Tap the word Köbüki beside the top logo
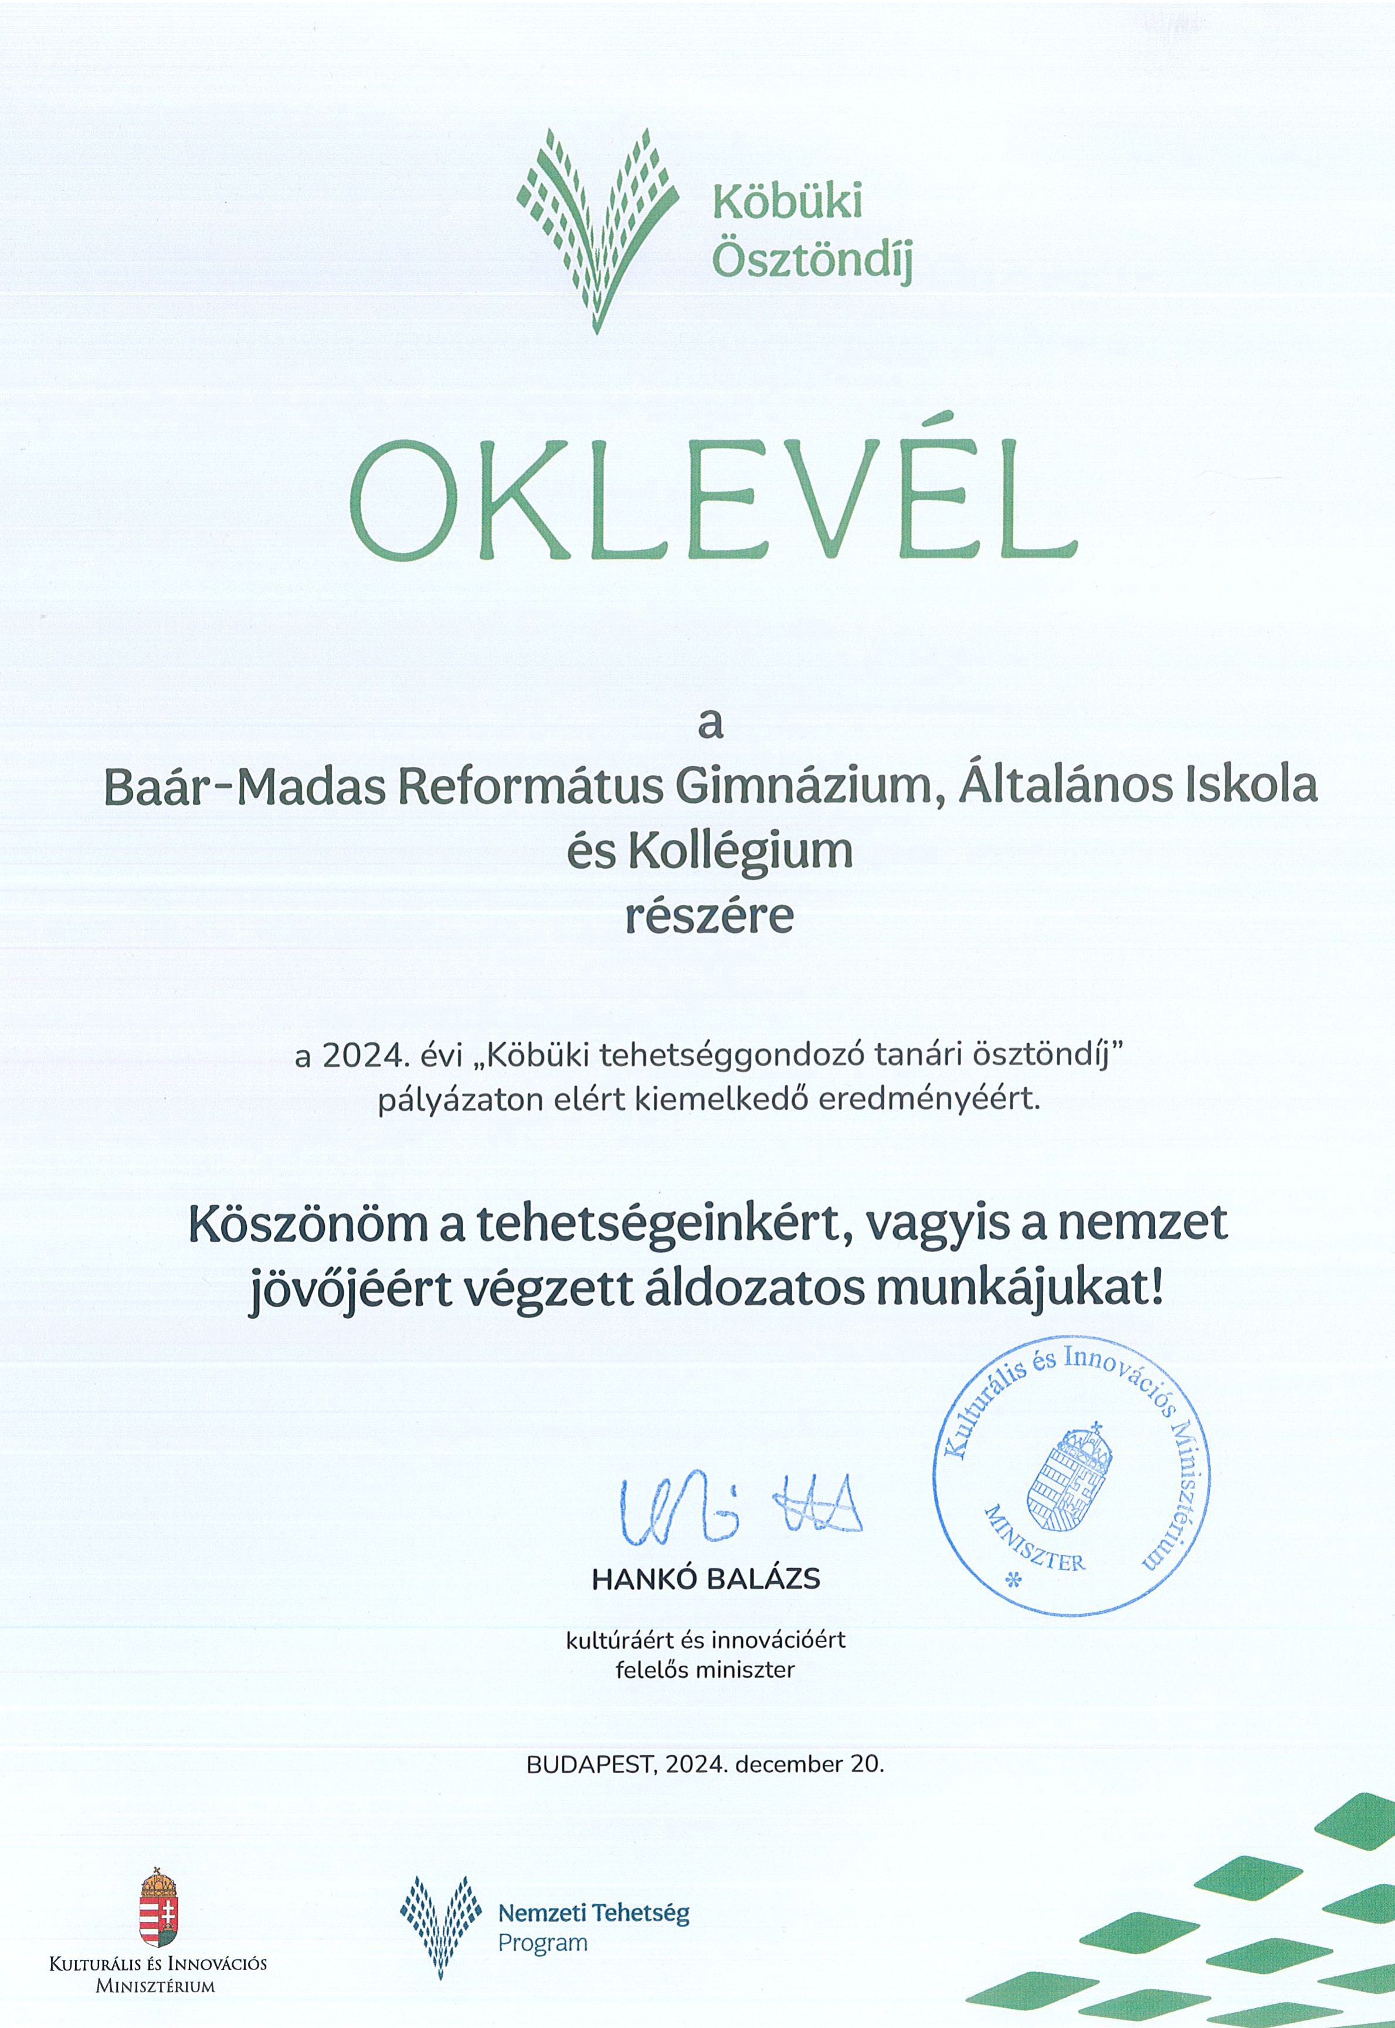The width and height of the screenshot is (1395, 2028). (x=788, y=202)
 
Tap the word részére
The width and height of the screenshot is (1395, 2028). (x=709, y=915)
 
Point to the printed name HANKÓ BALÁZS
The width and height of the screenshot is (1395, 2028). (x=706, y=1579)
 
